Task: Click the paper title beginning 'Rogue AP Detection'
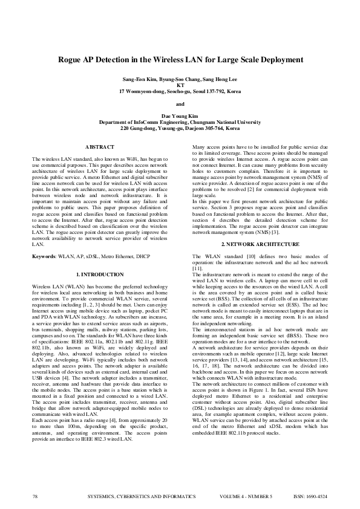coord(180,60)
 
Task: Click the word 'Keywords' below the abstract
coord(44,257)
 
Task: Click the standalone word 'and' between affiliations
coord(180,103)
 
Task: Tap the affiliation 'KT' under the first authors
coord(180,85)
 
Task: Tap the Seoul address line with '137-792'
coord(180,91)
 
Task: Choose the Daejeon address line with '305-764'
coord(180,128)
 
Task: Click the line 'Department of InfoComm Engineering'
coord(180,122)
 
